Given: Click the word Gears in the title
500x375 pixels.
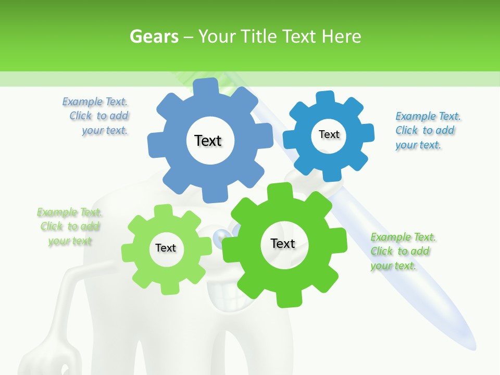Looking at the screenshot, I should [154, 36].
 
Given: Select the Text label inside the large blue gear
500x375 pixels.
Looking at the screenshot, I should [208, 141].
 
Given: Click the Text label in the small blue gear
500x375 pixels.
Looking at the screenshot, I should [329, 134].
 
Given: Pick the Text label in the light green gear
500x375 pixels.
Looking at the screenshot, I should [166, 248].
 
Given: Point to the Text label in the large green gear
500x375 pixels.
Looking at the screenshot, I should [283, 243].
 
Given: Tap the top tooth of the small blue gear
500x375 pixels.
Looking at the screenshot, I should [325, 98].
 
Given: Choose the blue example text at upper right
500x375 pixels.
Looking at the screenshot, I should [427, 130].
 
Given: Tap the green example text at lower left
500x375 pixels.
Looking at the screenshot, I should [70, 226].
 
